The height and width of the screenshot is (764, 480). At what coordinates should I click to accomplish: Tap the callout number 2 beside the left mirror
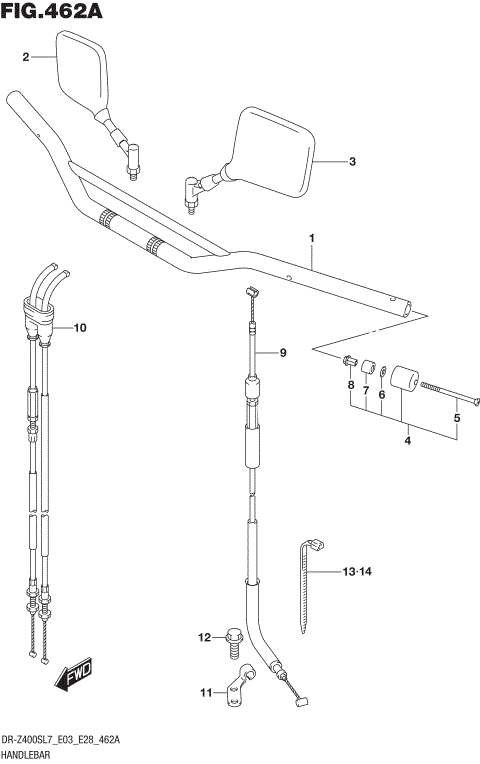[x=26, y=58]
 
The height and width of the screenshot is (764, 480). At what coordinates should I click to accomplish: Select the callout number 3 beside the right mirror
[x=351, y=161]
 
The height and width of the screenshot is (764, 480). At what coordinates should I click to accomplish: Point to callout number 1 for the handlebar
[x=312, y=239]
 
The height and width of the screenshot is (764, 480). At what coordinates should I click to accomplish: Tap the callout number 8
[x=351, y=385]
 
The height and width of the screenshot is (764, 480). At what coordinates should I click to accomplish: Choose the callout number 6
[x=381, y=394]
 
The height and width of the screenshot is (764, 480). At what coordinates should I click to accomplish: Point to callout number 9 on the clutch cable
[x=282, y=353]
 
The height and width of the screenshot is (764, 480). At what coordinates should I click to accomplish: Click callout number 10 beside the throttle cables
[x=81, y=327]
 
